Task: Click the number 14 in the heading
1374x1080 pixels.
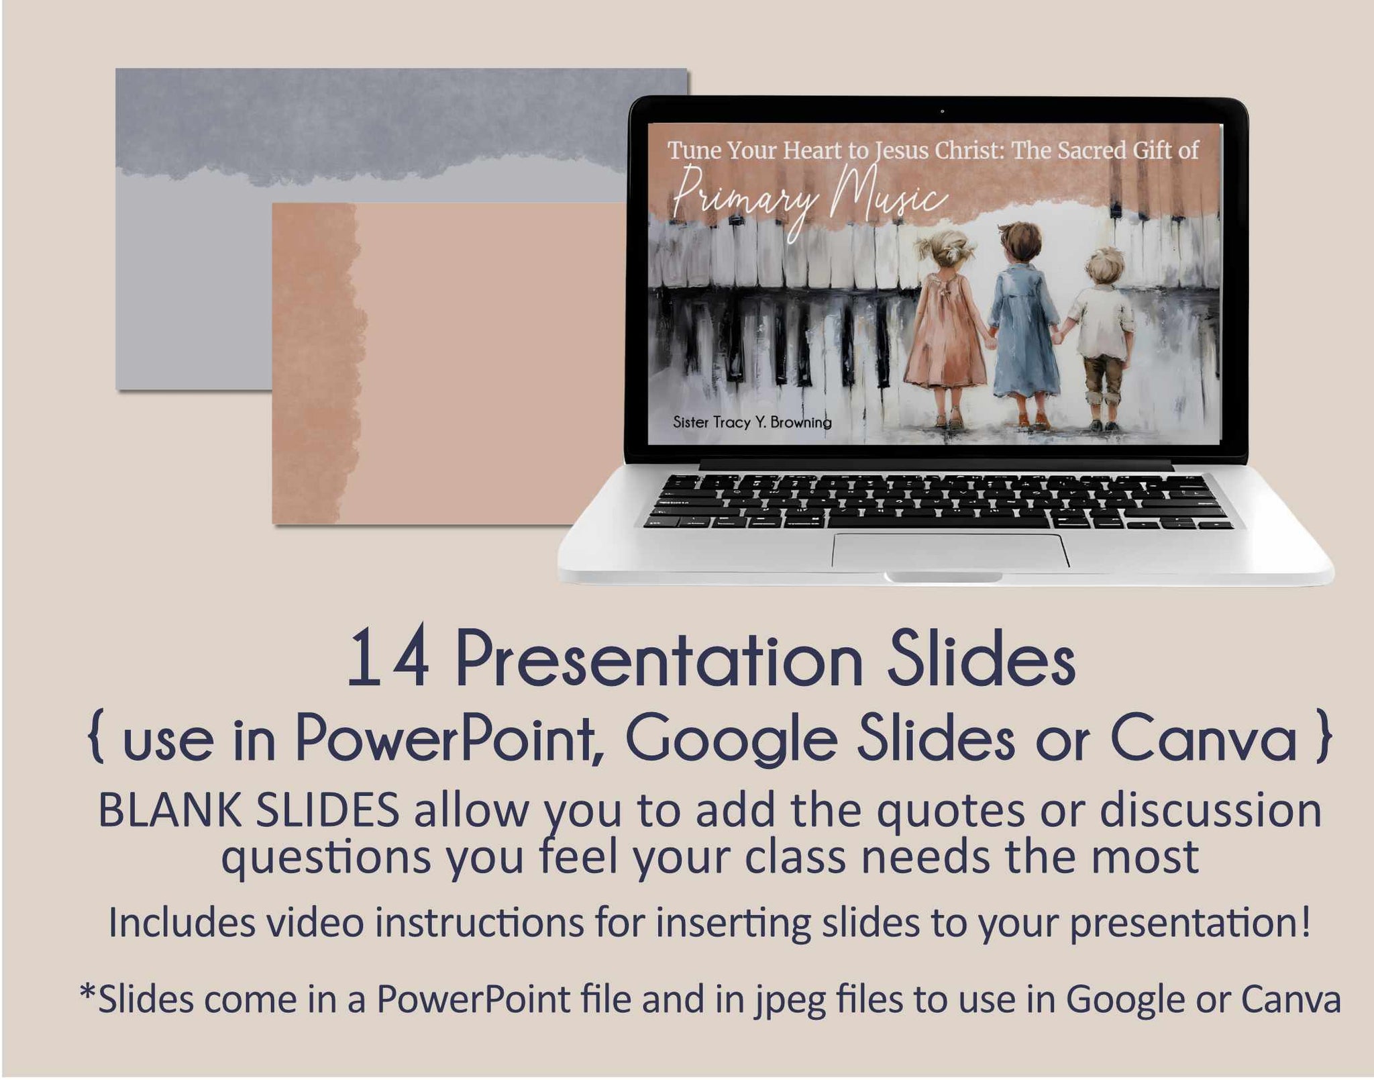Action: coord(388,658)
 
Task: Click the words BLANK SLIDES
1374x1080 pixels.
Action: coord(249,811)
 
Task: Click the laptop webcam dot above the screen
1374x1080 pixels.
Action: coord(942,111)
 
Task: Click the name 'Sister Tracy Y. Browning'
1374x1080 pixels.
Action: coord(752,422)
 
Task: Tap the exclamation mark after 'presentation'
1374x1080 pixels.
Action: coord(1304,922)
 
